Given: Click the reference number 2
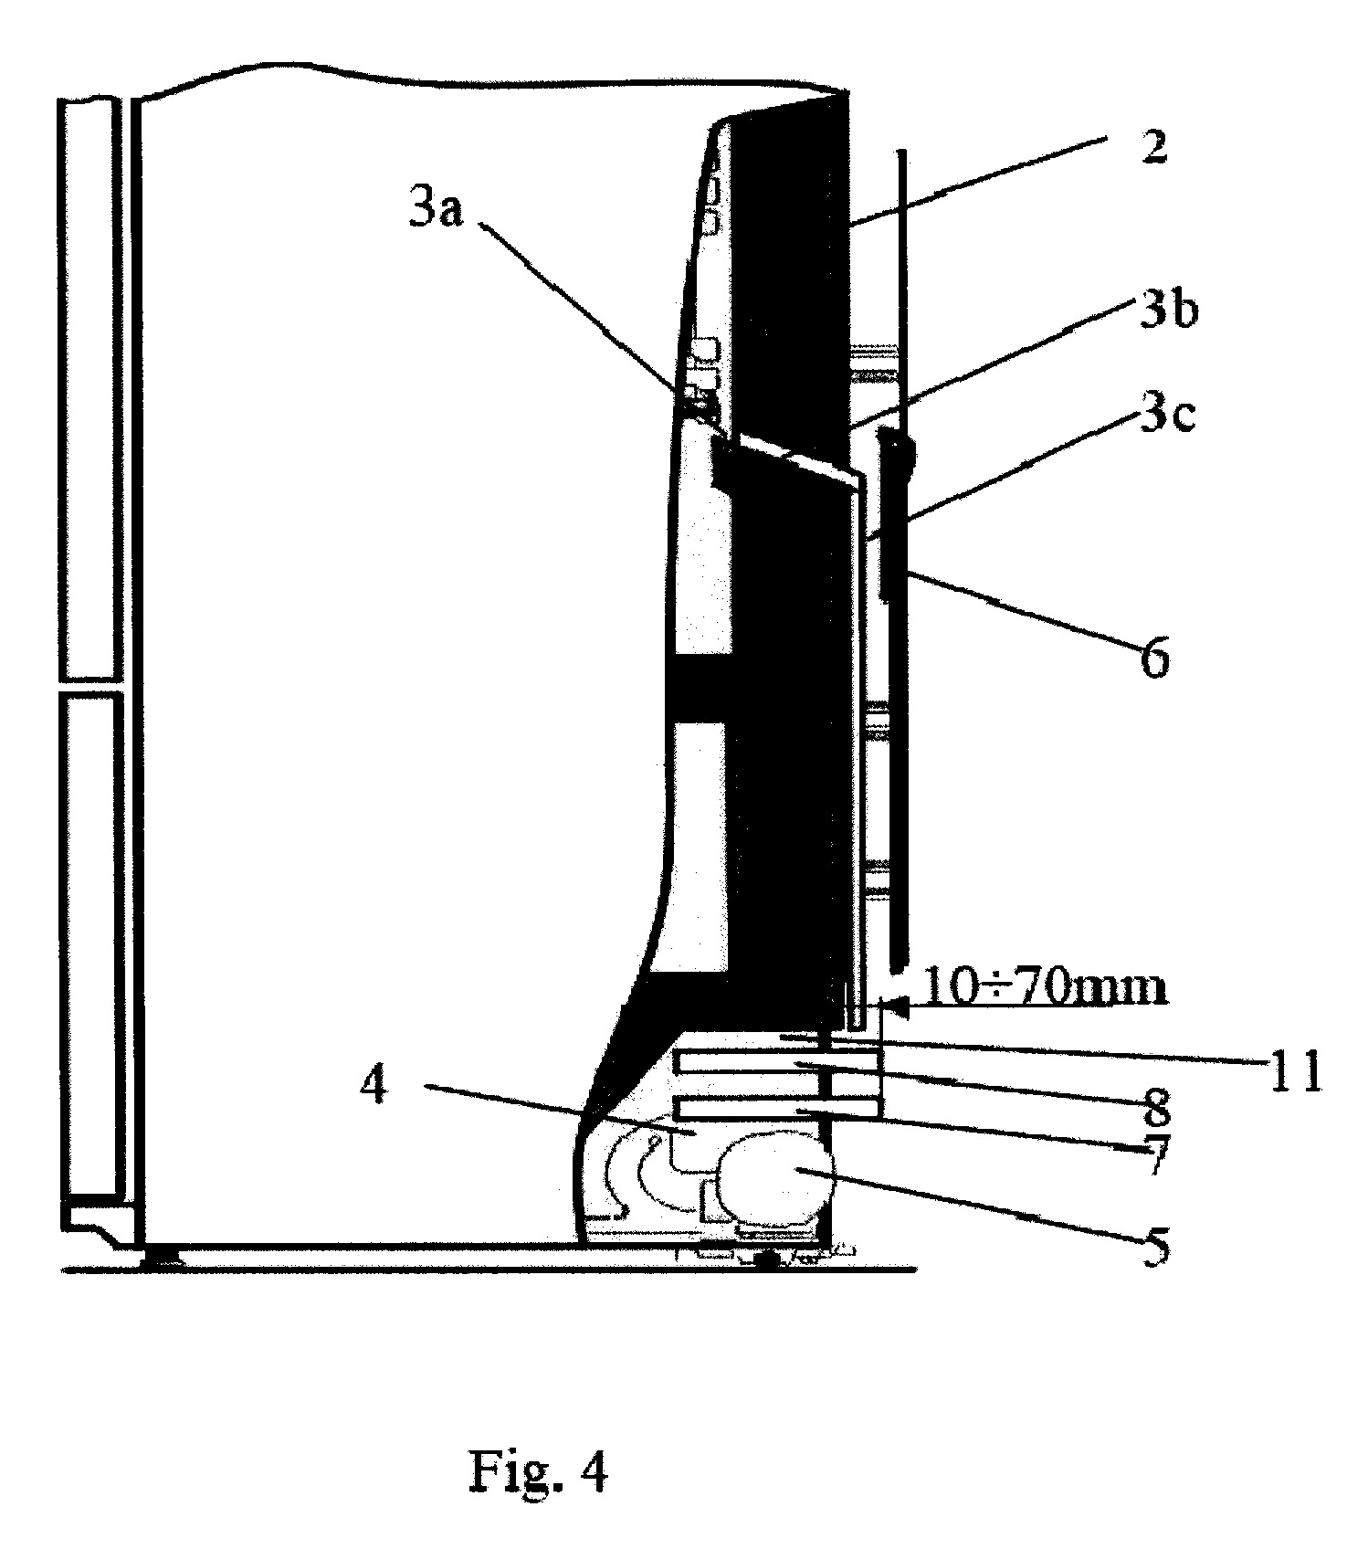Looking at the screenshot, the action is tap(1154, 146).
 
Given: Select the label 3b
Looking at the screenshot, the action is tap(1169, 312).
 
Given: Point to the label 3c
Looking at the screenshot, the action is tap(1167, 416).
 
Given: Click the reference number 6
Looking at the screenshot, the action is tap(1154, 659).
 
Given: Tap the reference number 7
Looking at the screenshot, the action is tap(1156, 1158).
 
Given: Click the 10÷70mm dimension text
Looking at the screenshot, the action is tap(1046, 987).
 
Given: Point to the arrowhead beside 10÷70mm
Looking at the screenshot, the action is tap(899, 1008).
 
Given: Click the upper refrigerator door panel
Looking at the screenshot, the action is tap(91, 388).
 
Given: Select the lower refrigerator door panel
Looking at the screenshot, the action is tap(91, 945).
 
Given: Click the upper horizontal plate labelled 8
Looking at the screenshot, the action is tap(777, 1061).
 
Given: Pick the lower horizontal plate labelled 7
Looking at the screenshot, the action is tap(777, 1109).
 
